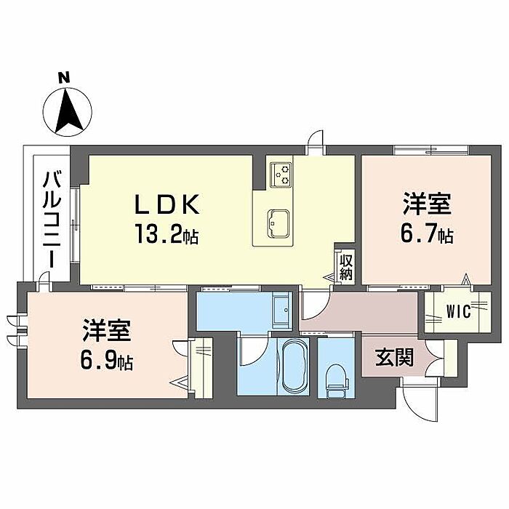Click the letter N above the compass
coord(64,78)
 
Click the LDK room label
coord(167,204)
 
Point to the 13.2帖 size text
coord(167,233)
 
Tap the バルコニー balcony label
coord(52,220)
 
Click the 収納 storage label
coord(346,267)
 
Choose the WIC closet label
coord(458,312)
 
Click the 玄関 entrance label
coord(394,357)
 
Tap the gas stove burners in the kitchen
coord(281,175)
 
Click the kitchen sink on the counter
coord(278,223)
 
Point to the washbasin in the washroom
coord(281,310)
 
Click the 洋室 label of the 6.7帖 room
coord(428,203)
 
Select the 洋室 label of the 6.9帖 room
coord(106,330)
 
